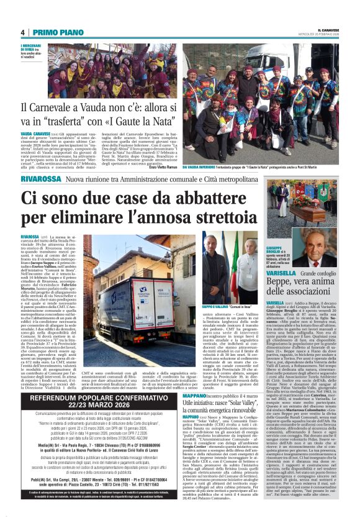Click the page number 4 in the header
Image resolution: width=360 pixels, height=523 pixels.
click(22, 32)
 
